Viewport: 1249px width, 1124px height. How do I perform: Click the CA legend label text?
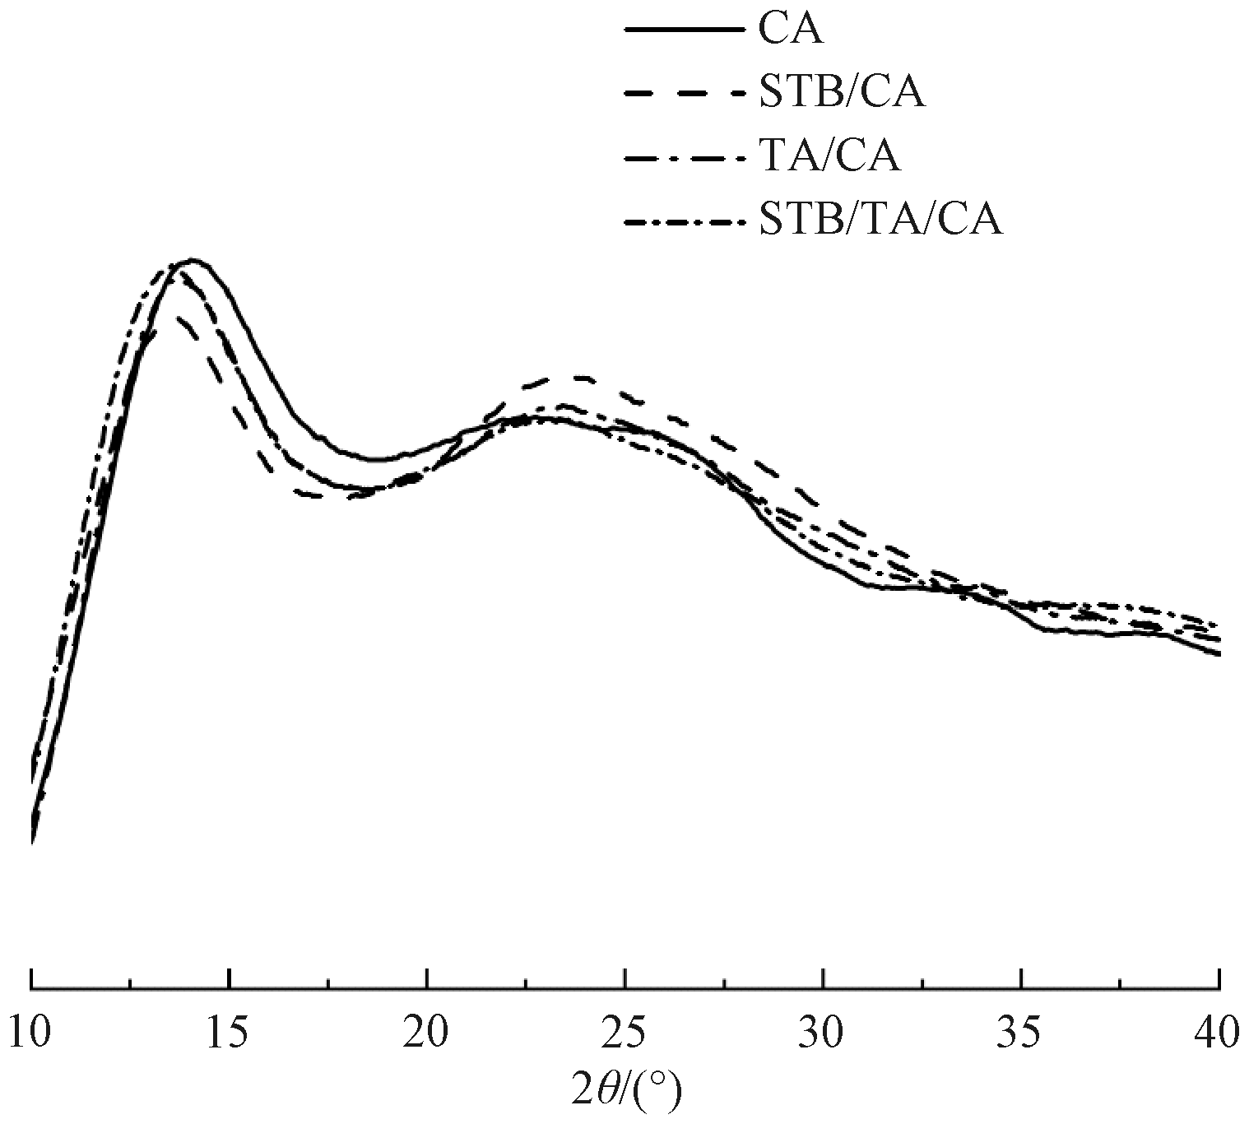791,30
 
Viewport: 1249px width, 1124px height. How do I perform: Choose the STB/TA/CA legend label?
881,220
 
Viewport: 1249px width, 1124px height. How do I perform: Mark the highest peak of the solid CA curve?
193,260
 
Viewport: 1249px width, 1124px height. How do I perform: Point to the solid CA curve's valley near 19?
374,459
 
